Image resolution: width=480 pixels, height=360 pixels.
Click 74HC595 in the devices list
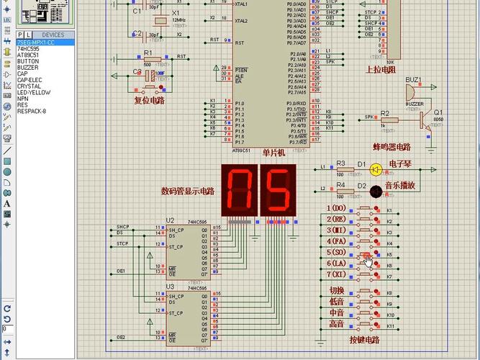(x=29, y=49)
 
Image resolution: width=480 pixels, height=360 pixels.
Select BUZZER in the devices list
(x=29, y=67)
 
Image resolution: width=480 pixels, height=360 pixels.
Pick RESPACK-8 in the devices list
(x=32, y=111)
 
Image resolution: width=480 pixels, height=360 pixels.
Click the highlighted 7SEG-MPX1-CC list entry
(x=36, y=42)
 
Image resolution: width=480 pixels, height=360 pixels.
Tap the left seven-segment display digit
(x=238, y=190)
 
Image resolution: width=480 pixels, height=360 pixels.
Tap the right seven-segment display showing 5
(x=277, y=190)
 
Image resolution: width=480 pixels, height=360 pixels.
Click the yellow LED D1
(x=376, y=170)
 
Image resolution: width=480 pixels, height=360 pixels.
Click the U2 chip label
(x=170, y=220)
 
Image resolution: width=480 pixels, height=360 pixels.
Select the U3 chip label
(x=170, y=287)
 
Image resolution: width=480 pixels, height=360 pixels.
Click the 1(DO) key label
(x=337, y=208)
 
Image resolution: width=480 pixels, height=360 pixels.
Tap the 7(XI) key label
(x=336, y=274)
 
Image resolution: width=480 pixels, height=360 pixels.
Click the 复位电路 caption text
(x=150, y=100)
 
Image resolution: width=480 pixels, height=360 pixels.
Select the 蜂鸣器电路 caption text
(x=397, y=146)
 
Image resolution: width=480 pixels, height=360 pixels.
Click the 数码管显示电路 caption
(x=188, y=191)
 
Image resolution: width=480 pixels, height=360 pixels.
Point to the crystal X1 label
(x=176, y=13)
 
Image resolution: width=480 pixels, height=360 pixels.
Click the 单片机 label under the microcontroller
(x=273, y=153)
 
